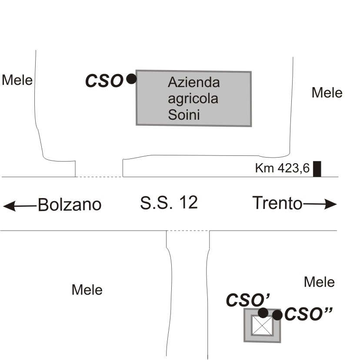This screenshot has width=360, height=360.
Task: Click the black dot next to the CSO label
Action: [131, 79]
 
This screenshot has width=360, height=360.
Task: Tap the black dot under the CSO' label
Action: [263, 313]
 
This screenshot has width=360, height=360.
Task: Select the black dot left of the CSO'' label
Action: [277, 315]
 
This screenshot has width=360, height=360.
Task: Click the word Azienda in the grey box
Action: [194, 82]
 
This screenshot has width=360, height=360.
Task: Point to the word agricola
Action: [193, 99]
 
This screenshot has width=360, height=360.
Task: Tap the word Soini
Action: [183, 115]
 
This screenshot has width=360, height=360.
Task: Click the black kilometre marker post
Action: [317, 169]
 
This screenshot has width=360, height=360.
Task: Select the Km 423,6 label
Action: [283, 168]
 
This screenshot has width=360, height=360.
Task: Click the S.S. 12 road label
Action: [169, 202]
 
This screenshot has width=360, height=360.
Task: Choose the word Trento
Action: [277, 203]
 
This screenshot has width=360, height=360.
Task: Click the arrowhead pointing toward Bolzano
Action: [9, 206]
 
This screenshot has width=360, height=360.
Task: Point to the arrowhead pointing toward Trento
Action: [330, 204]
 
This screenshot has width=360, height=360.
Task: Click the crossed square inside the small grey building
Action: [262, 326]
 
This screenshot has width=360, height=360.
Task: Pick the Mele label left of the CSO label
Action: [17, 80]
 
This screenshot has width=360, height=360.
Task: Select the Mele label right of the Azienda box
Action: [327, 93]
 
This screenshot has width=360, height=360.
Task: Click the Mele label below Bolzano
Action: [87, 289]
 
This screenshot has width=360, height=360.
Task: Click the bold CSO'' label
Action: [308, 314]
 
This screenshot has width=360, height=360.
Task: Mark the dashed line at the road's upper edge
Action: [99, 177]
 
